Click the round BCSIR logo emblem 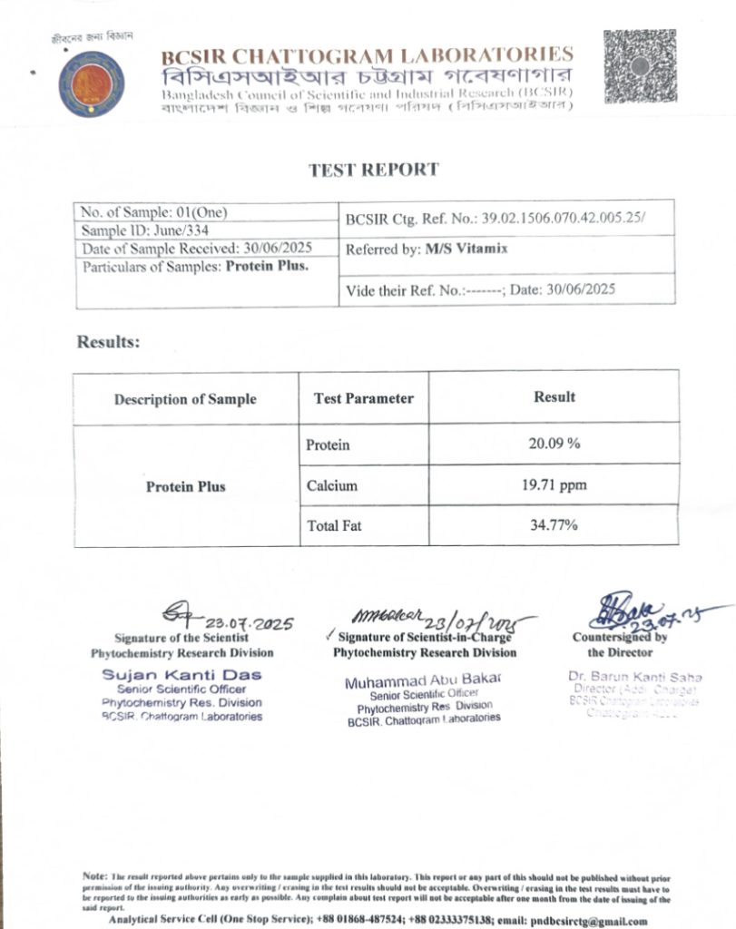coord(92,83)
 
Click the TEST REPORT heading coord(373,170)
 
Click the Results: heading coord(108,342)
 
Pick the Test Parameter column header coord(363,398)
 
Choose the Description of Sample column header coord(185,399)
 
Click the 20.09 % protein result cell coord(554,445)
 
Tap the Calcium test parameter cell coord(327,485)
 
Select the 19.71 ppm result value coord(554,485)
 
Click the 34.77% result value coord(554,525)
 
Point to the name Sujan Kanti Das coord(182,675)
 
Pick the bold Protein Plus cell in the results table coord(185,486)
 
